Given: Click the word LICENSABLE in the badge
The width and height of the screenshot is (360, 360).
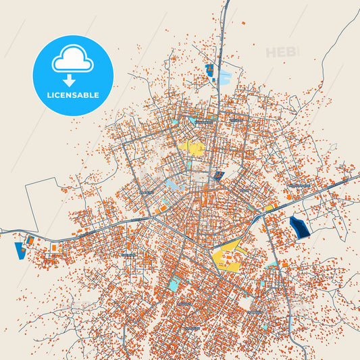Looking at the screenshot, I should pos(73,95).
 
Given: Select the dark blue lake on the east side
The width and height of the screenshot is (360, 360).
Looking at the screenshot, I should pos(298,227).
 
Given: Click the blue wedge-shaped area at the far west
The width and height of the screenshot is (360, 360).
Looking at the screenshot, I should pos(19,251).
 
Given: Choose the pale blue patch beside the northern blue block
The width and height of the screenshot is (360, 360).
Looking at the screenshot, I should pos(224,77).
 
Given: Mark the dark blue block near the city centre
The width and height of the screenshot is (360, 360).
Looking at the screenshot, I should pos(218,176).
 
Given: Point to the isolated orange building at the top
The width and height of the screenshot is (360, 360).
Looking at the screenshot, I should pos(245,24).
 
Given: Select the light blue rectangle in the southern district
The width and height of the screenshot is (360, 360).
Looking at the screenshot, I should pos(174,284).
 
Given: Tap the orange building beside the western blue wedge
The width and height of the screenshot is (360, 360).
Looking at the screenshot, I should pos(30,240).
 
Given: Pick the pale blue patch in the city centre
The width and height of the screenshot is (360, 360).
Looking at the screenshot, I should pos(174,182).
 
